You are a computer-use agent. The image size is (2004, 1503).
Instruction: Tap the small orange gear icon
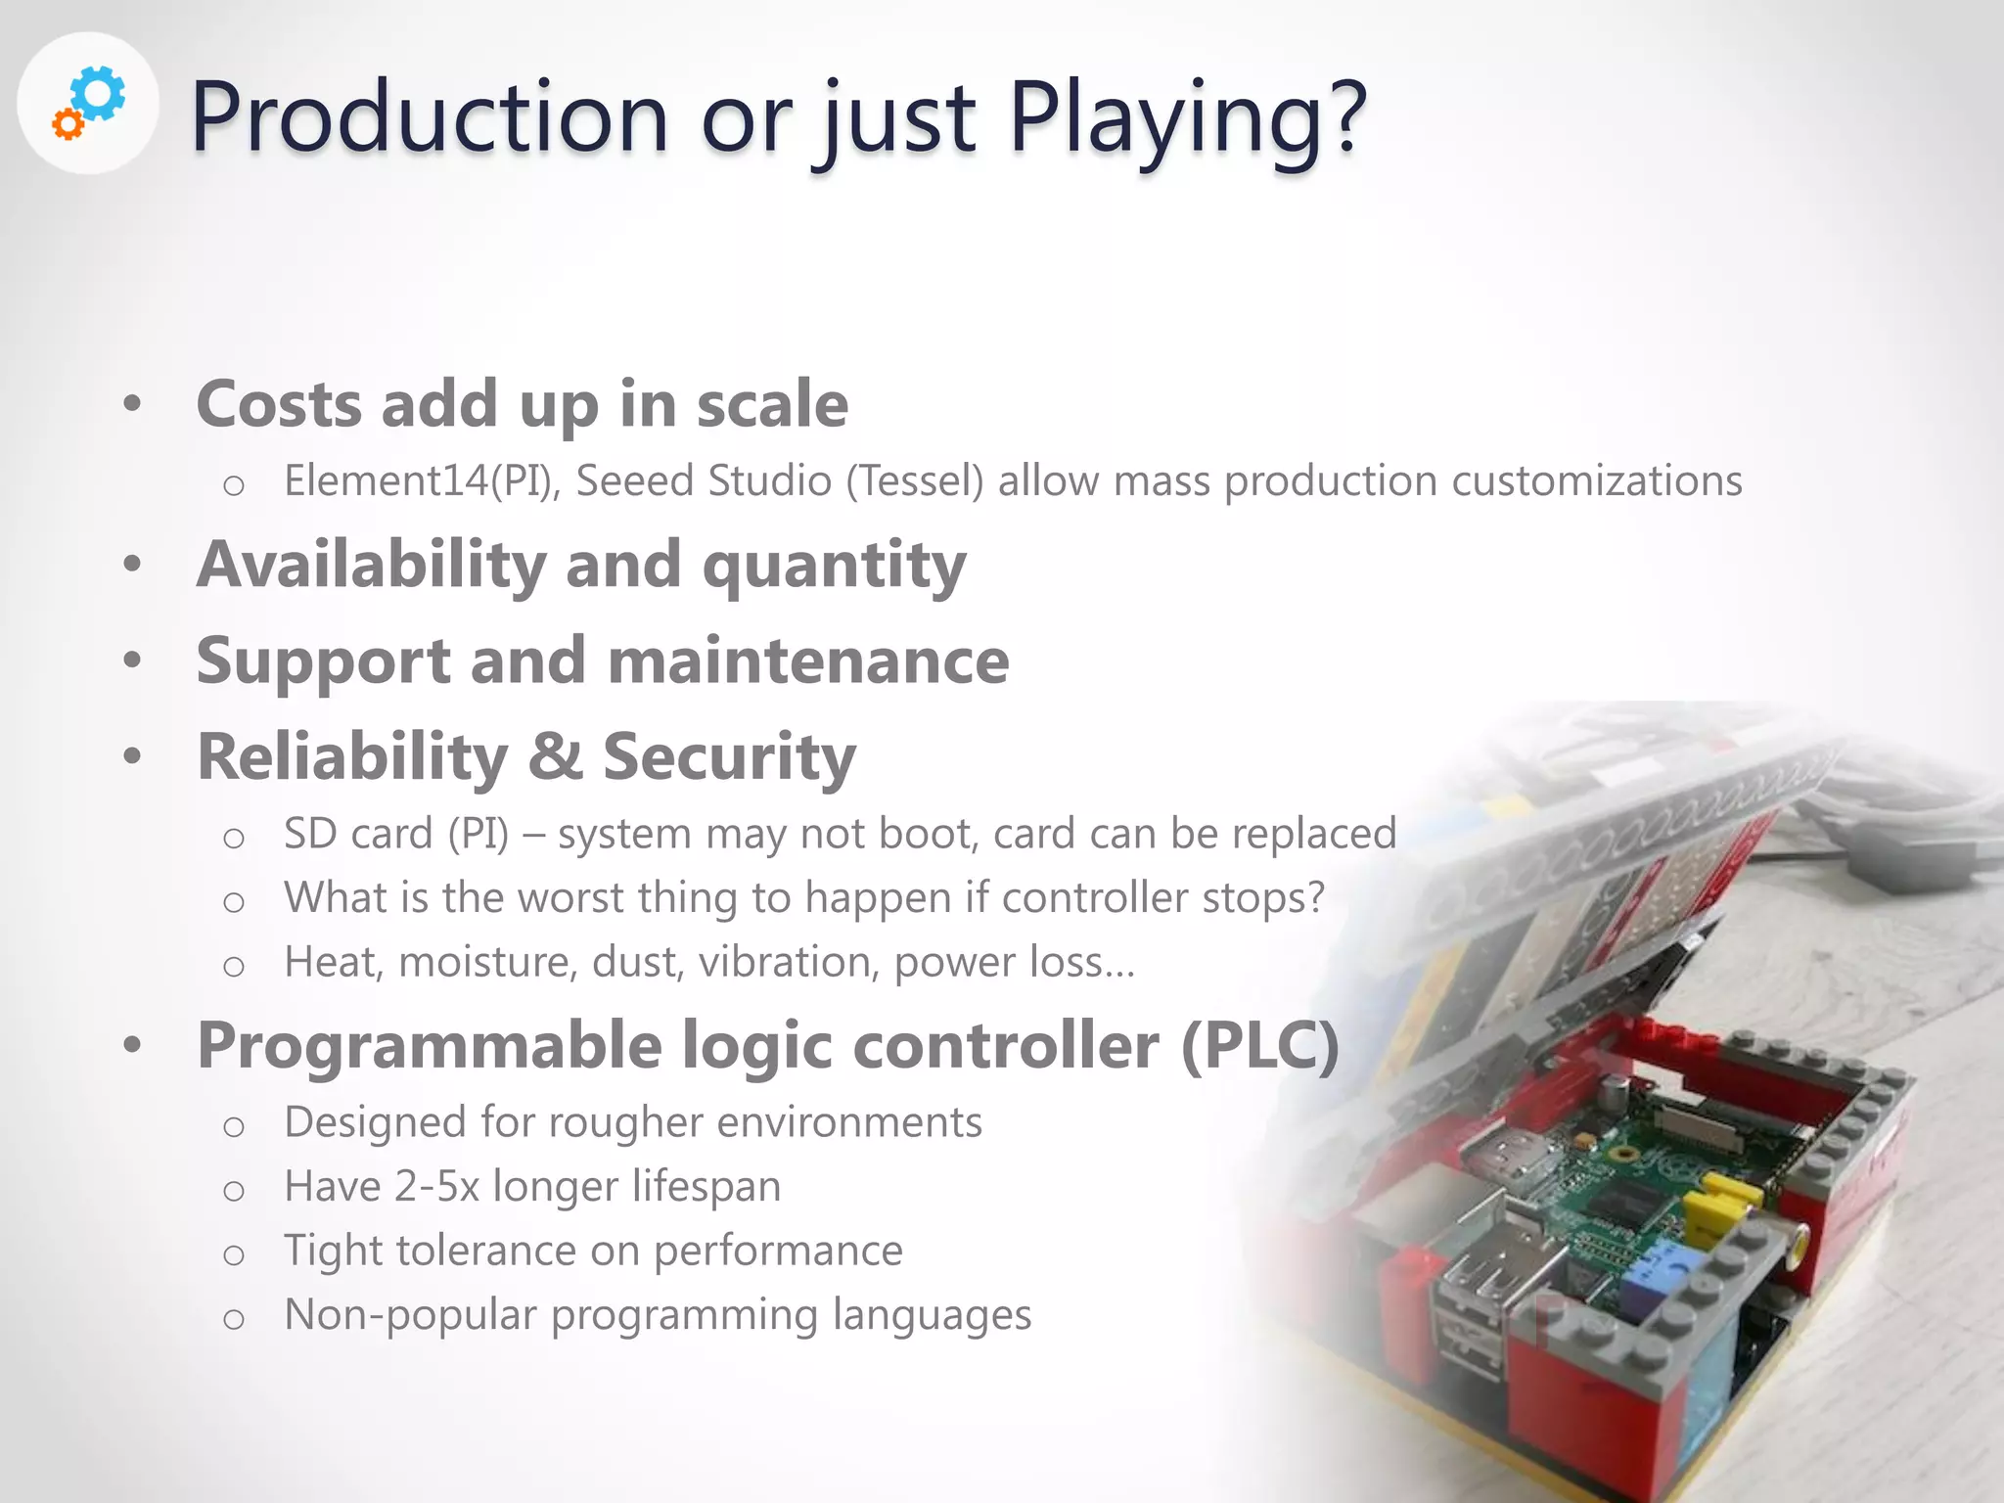tap(68, 124)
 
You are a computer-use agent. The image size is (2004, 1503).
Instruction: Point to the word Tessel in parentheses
tap(915, 481)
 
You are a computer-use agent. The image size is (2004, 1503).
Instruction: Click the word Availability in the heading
tap(371, 565)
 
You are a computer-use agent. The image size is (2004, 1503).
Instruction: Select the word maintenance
tap(807, 660)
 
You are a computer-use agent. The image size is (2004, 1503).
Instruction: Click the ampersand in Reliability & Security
tap(555, 756)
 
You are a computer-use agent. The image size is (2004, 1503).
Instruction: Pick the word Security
tap(729, 756)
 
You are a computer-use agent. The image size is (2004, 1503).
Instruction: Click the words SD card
tap(358, 834)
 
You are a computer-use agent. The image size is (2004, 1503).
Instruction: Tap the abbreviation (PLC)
tap(1259, 1045)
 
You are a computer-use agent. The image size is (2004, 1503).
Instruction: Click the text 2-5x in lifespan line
tap(437, 1186)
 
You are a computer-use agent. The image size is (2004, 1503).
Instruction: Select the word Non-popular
tap(410, 1314)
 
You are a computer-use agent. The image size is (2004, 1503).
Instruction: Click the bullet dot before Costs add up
tap(133, 403)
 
